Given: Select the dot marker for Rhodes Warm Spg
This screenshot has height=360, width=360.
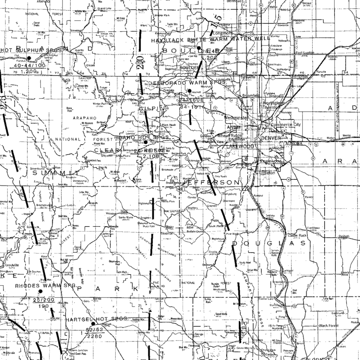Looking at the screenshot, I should [40, 291].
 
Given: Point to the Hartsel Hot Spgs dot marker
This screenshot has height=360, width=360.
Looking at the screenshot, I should [93, 324].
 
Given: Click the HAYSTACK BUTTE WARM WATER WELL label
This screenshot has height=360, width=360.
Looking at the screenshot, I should [210, 39].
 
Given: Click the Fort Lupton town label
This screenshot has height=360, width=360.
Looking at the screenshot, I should [304, 53].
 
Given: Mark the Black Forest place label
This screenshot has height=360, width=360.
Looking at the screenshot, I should [328, 325].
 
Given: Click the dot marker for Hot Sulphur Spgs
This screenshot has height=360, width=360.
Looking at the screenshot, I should [28, 58].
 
